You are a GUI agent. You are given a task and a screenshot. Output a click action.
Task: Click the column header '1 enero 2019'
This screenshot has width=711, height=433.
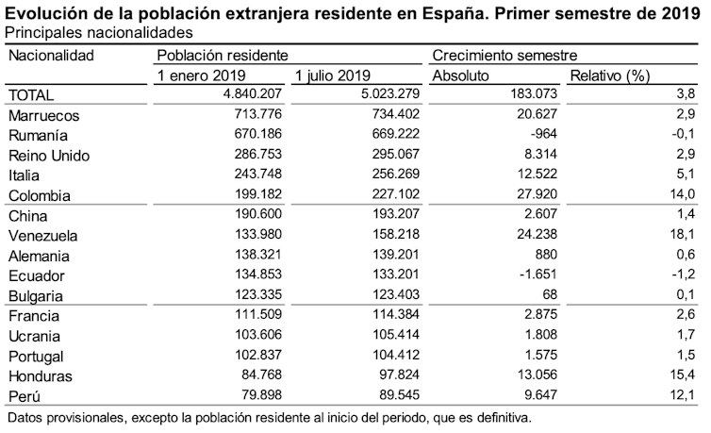pos(202,75)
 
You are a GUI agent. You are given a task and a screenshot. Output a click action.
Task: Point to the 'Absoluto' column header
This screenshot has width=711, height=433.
pos(461,75)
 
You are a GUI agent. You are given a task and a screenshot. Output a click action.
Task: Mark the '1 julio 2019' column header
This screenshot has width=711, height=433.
pos(334,75)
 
